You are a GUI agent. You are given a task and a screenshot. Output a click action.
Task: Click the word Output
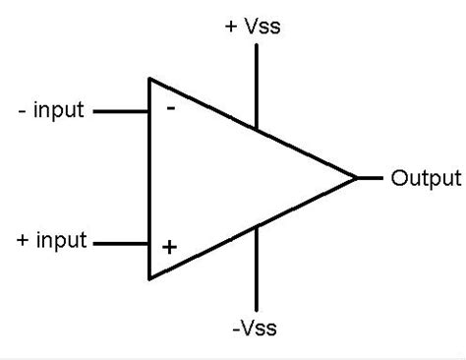coord(426,178)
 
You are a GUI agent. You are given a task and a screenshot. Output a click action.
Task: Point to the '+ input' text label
coord(52,239)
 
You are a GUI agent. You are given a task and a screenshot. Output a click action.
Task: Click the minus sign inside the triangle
coord(170,108)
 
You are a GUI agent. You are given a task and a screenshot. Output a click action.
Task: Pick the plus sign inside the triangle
coord(169,247)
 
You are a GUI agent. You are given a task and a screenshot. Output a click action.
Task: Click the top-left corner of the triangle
coord(149,78)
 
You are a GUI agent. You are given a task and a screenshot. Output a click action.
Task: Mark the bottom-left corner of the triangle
coord(149,279)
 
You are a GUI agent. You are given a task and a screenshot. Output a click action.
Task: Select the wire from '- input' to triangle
coord(120,111)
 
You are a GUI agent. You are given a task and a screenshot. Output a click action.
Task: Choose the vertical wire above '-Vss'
coord(257,270)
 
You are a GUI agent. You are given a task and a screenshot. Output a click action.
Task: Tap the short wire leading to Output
coord(370,178)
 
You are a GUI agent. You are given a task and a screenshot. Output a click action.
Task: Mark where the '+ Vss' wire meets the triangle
coord(257,128)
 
